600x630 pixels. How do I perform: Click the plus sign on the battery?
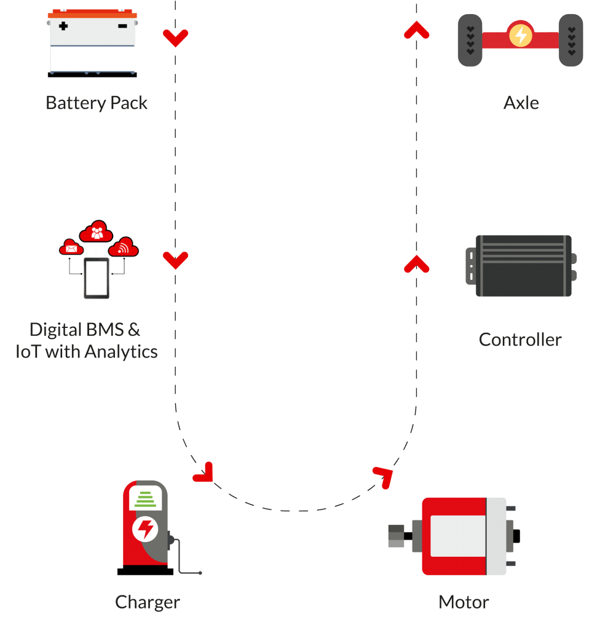63,26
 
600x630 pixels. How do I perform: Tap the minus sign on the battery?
122,26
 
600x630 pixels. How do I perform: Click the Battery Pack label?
97,103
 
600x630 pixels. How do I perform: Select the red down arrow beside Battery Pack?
175,38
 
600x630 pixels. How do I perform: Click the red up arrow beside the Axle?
416,30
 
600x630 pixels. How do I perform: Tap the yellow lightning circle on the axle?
521,35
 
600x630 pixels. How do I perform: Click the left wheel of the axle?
470,40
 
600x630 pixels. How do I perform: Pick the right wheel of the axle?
570,40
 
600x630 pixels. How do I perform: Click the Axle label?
521,103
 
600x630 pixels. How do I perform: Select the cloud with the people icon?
97,232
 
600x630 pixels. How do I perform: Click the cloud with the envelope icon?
71,247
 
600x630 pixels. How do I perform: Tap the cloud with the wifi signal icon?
124,247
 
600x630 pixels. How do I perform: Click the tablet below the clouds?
97,279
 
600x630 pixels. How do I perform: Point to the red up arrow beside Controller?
416,264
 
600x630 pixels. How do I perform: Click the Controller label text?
520,340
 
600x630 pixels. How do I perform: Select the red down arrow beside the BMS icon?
175,260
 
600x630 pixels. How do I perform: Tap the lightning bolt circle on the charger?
145,529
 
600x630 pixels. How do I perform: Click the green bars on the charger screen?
145,499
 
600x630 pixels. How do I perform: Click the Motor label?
464,602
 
